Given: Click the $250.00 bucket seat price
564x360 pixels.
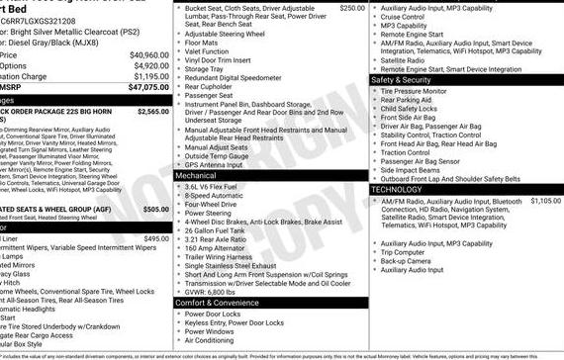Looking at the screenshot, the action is (351, 7).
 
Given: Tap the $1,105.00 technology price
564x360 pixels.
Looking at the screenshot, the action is (545, 201).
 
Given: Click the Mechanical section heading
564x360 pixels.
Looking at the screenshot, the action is (196, 175).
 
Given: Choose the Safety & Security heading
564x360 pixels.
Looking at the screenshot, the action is (409, 79).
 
